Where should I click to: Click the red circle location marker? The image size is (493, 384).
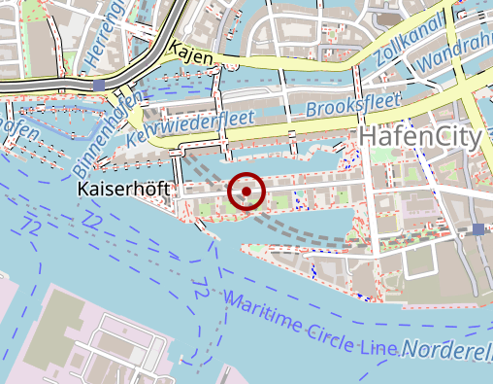[246, 192]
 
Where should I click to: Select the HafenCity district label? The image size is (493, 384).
[419, 137]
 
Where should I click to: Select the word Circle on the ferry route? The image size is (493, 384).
[329, 330]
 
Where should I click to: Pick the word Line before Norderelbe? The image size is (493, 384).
[378, 345]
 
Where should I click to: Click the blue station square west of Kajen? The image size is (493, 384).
[100, 86]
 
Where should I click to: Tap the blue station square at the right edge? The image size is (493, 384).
[478, 228]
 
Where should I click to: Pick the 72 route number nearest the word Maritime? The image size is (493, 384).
[200, 289]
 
